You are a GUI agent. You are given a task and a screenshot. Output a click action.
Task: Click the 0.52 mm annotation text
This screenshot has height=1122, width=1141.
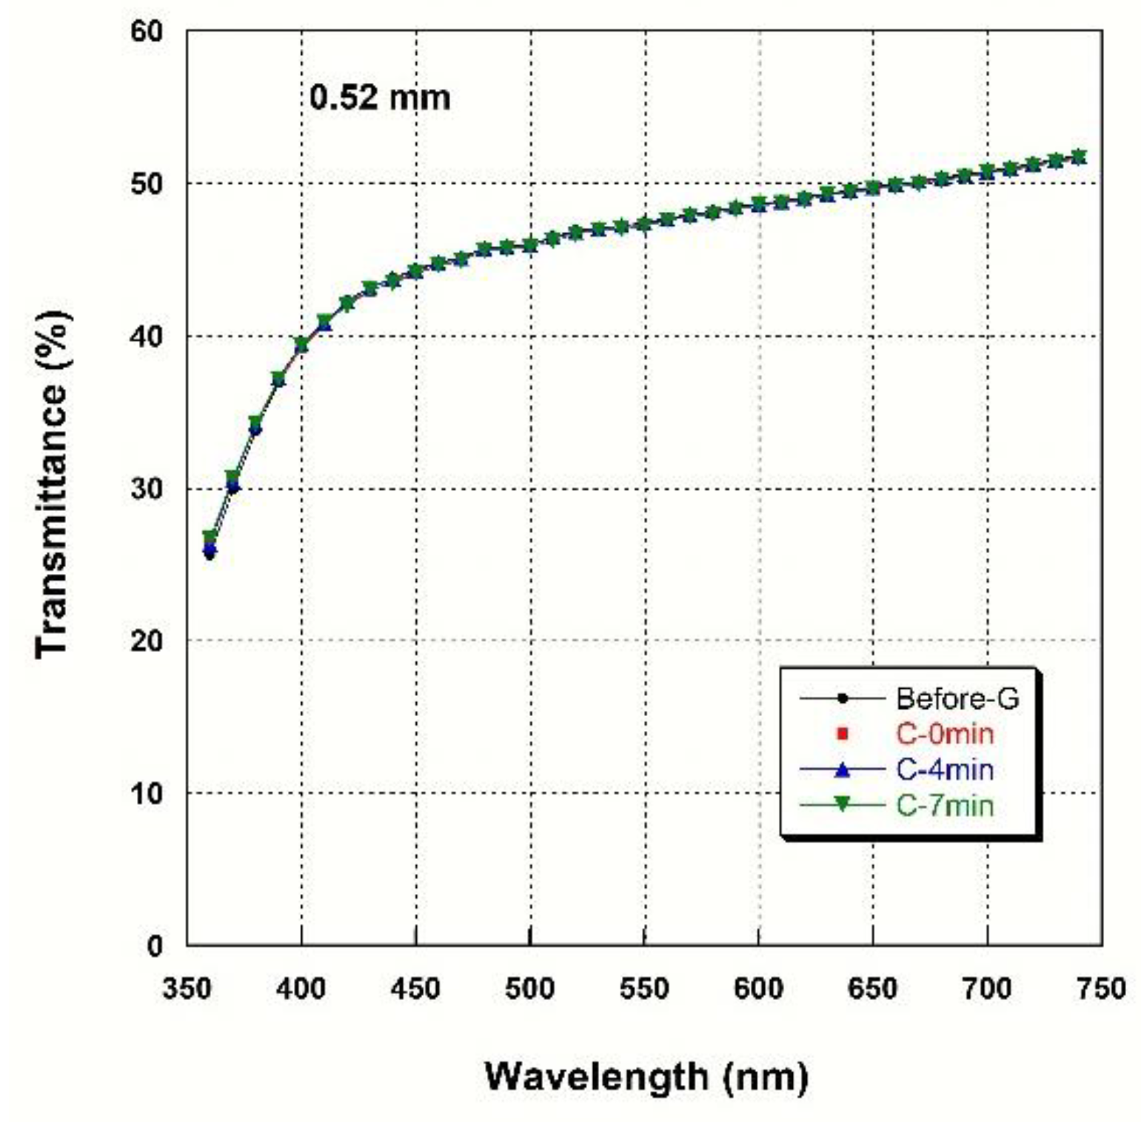379,98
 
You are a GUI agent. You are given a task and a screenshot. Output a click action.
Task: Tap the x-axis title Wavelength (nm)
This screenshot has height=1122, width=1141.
646,1076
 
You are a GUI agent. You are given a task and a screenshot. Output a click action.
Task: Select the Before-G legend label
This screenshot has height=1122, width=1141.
957,698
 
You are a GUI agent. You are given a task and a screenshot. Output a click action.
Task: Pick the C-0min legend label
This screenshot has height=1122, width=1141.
944,734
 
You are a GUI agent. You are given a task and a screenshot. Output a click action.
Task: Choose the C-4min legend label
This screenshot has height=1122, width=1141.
944,769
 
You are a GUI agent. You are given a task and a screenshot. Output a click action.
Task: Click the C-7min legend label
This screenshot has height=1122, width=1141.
944,805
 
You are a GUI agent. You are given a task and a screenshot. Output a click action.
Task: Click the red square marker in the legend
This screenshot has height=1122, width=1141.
842,734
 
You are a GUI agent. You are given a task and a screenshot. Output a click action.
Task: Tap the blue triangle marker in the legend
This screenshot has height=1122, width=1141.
842,770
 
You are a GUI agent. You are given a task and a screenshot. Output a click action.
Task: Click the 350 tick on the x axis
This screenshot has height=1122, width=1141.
187,989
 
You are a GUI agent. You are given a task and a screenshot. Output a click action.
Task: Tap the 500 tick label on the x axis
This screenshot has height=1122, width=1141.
530,989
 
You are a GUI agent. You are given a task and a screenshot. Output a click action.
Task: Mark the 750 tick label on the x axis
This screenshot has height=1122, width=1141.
1101,989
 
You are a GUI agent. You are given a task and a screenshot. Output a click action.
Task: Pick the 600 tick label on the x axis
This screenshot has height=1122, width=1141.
759,989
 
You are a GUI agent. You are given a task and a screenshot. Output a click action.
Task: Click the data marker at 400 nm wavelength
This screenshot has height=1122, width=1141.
301,344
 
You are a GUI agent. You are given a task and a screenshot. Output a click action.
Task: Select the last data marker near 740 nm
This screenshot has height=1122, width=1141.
1079,156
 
